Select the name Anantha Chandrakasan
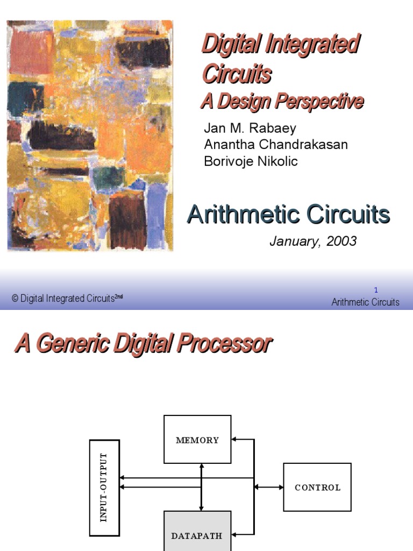(x=276, y=145)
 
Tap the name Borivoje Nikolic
(x=251, y=161)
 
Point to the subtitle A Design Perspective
(x=282, y=101)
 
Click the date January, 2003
(x=312, y=242)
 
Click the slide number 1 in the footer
(x=376, y=290)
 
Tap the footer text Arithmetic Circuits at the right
(x=365, y=302)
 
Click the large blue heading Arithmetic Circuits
(x=288, y=215)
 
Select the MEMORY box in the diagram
(x=197, y=440)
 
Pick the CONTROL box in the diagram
(x=317, y=488)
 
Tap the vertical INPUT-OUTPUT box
(x=104, y=488)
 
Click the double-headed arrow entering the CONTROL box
(x=269, y=488)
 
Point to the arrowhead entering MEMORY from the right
(x=235, y=440)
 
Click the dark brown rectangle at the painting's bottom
(x=128, y=221)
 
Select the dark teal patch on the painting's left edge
(x=18, y=97)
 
